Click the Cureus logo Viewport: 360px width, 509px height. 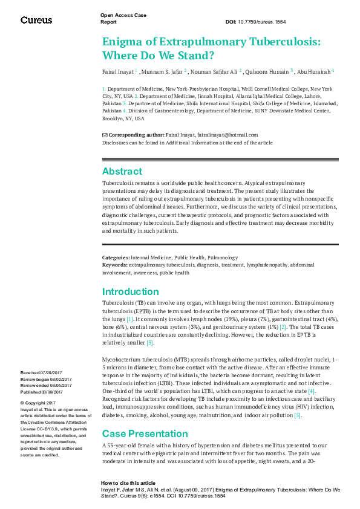pos(36,20)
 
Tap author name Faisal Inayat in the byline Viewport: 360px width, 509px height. pos(118,71)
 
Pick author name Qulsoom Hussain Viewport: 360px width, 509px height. pos(269,71)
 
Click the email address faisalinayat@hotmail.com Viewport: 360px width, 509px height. pos(227,135)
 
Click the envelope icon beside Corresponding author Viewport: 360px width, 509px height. pos(105,135)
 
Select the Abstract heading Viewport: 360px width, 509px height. pos(122,171)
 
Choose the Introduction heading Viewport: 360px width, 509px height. pos(130,291)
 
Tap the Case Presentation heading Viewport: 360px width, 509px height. pos(145,433)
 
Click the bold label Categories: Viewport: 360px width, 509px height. pos(116,258)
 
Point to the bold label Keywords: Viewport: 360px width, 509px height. pos(114,265)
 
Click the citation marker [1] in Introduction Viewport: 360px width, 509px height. pos(129,319)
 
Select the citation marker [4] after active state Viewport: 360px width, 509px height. pos(311,391)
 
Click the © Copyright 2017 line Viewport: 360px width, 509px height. pos(38,403)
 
